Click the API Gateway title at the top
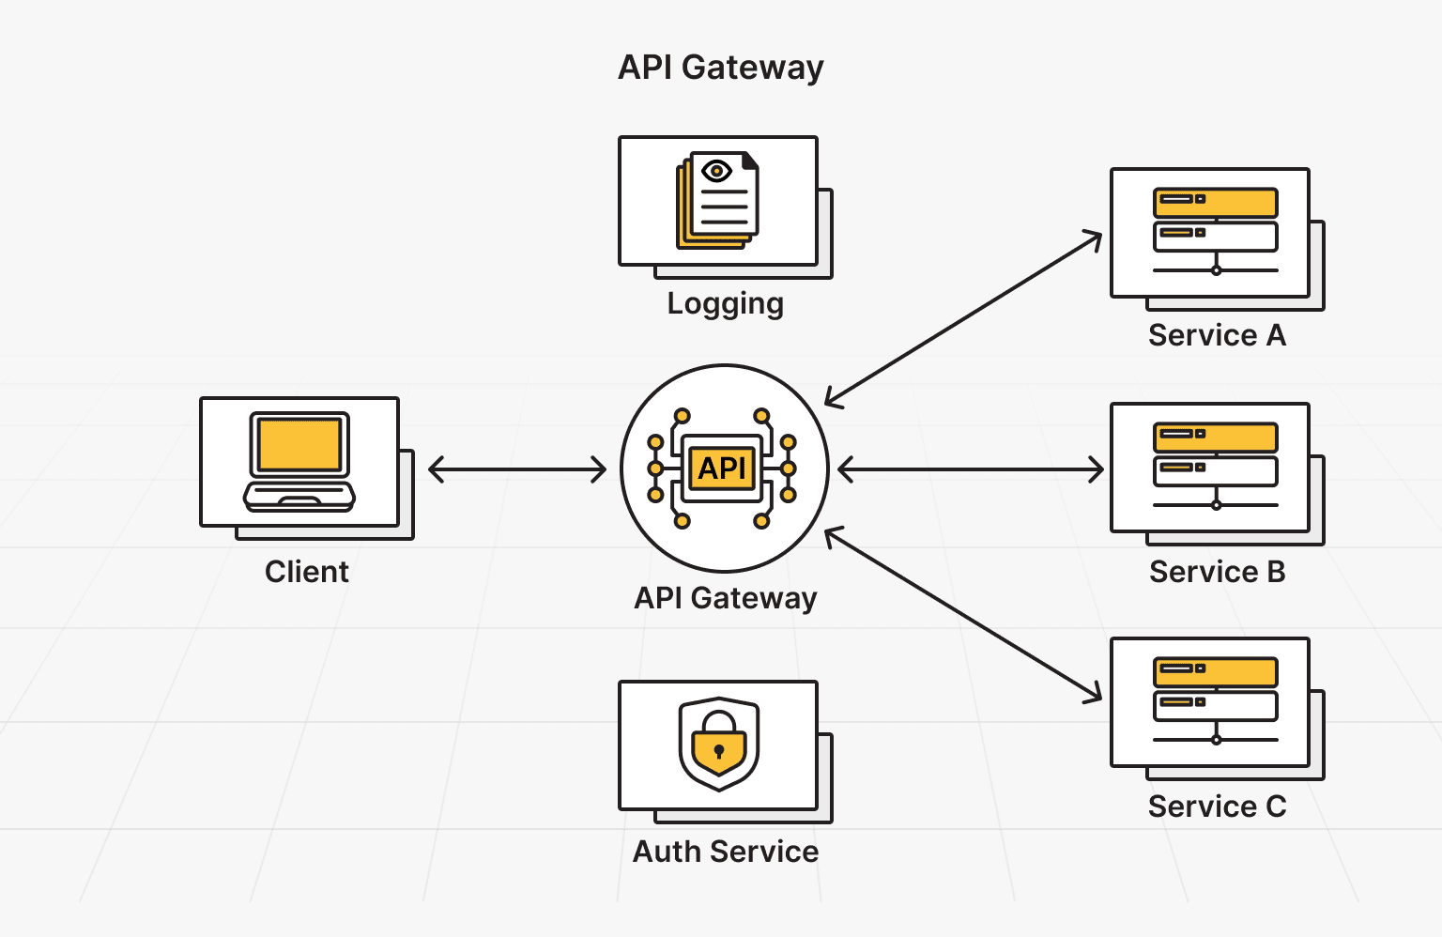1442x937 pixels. (x=720, y=68)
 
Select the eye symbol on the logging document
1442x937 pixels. (x=716, y=171)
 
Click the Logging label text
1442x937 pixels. (x=725, y=304)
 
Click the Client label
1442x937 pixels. (x=306, y=572)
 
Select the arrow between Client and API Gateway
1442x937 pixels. (x=517, y=469)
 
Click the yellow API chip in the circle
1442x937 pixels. (x=722, y=468)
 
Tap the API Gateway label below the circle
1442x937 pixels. (x=725, y=598)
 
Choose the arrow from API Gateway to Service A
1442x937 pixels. (x=963, y=319)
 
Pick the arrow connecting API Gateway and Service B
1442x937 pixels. (x=971, y=469)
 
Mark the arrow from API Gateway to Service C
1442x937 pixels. (x=963, y=615)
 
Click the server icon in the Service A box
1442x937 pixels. (x=1215, y=231)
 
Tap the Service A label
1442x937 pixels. (x=1217, y=335)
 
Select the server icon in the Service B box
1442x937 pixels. (x=1215, y=466)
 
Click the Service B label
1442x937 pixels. (x=1217, y=572)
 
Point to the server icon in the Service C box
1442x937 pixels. (x=1215, y=700)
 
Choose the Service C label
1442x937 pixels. (x=1217, y=806)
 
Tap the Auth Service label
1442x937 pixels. (x=725, y=852)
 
